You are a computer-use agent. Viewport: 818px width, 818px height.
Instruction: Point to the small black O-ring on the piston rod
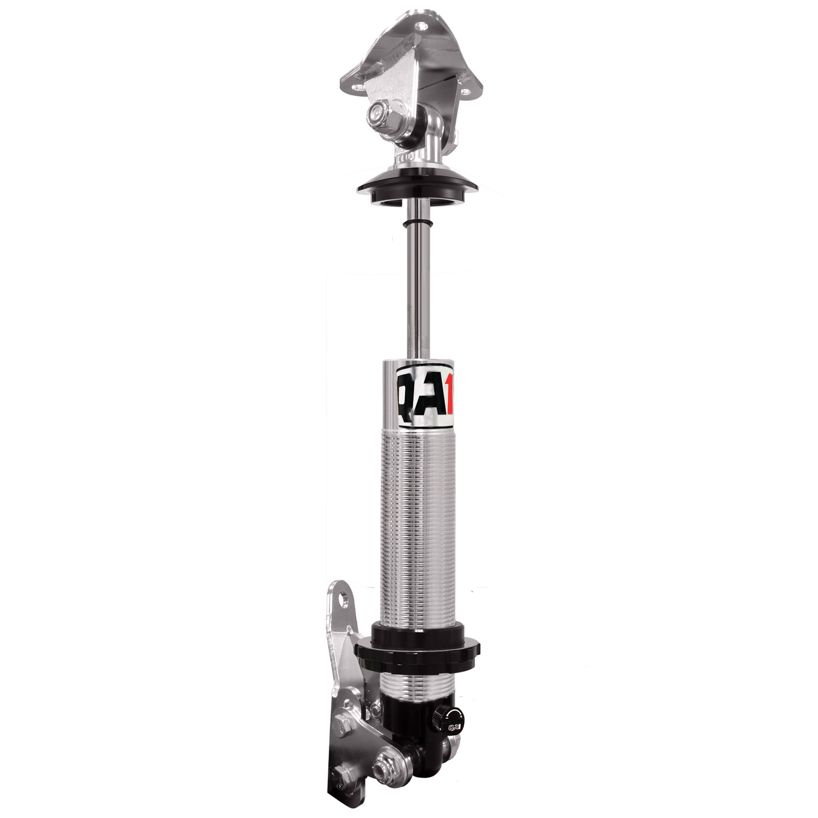point(417,224)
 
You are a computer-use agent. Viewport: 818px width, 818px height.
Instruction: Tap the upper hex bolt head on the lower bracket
point(342,727)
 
